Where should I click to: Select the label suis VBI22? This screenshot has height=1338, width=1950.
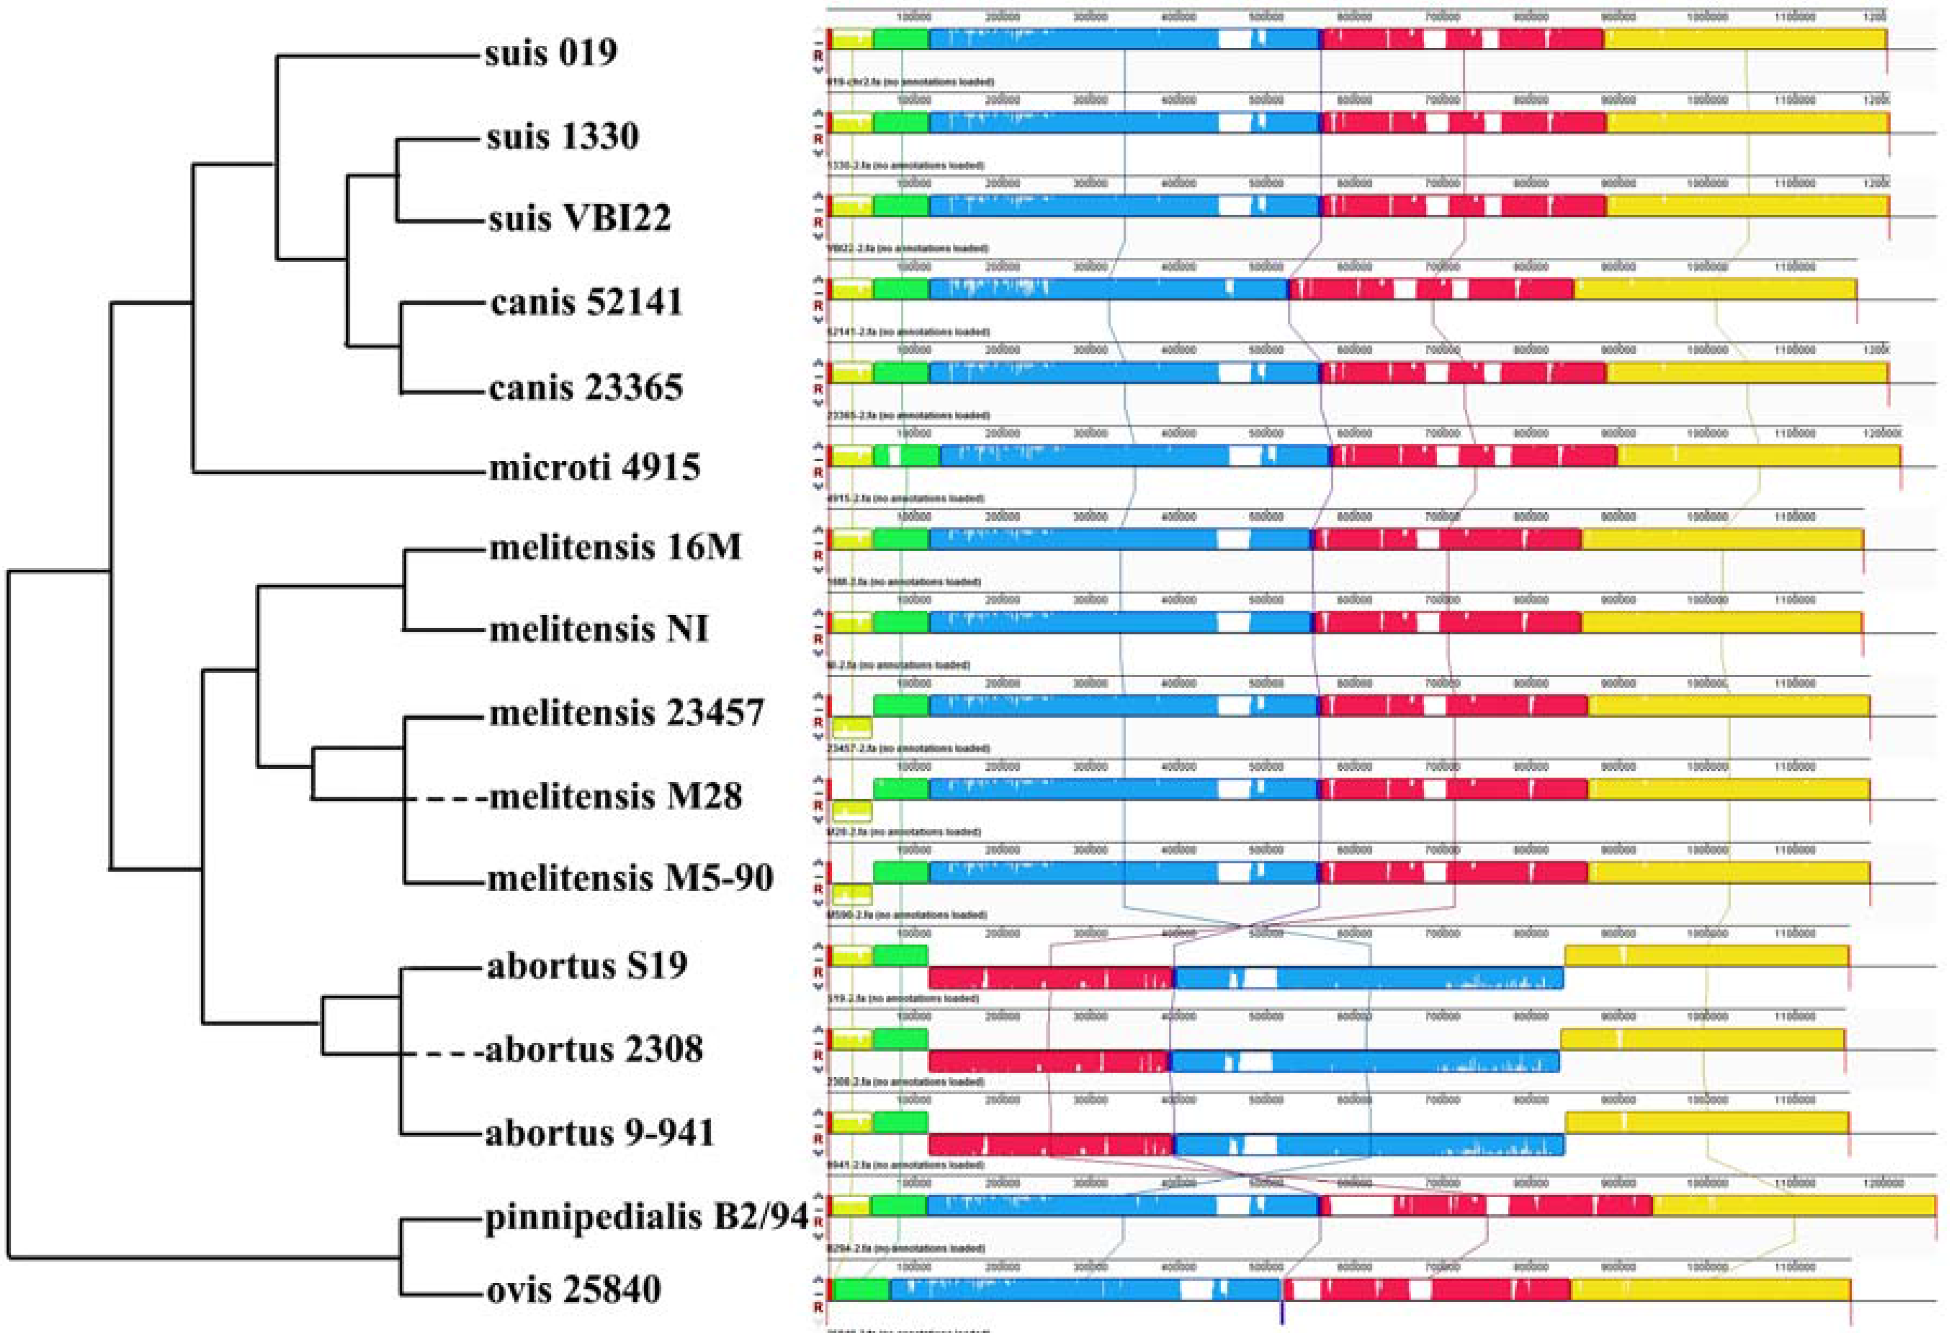pos(579,219)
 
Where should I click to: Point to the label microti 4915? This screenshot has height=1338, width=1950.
pos(594,467)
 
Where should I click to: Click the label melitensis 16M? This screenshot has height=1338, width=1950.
pos(615,548)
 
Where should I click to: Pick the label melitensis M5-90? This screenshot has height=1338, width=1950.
pos(630,879)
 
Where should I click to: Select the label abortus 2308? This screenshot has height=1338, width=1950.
pos(594,1050)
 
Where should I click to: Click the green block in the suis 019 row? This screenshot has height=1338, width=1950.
pos(901,38)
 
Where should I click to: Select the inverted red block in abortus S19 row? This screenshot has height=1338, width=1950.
pos(1051,978)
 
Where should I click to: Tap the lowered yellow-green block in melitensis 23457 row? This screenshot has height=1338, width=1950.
pos(852,728)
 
